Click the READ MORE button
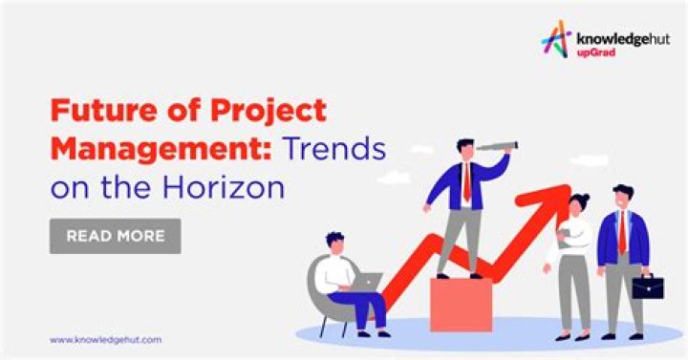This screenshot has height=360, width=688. click(x=115, y=236)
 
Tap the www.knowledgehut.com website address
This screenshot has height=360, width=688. click(x=105, y=339)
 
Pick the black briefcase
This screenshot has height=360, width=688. click(x=648, y=286)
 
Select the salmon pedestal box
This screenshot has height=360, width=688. click(x=460, y=305)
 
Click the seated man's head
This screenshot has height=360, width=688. click(x=334, y=243)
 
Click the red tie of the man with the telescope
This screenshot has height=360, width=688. click(x=466, y=182)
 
